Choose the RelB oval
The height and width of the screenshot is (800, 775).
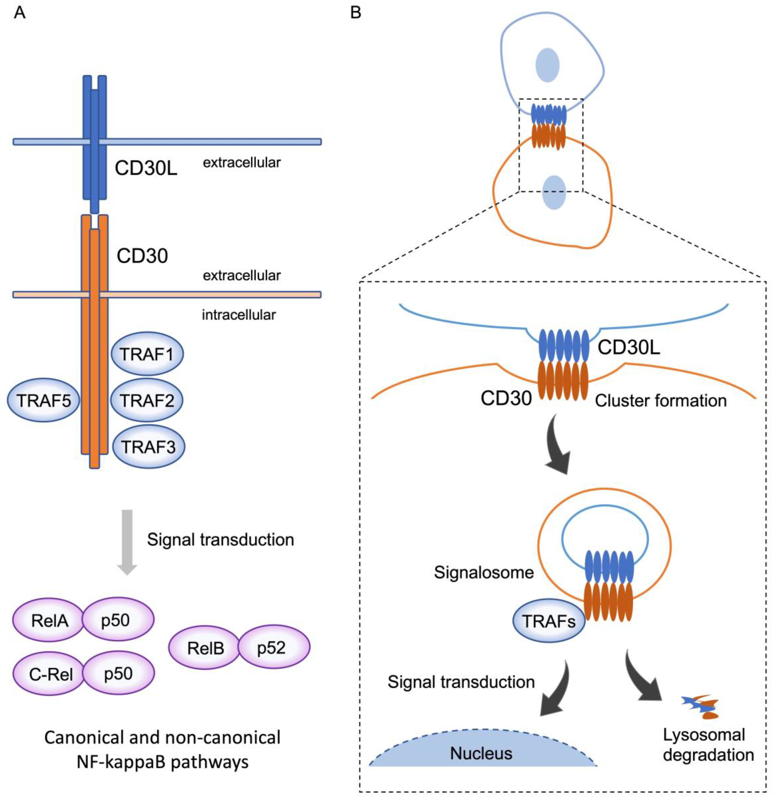[205, 648]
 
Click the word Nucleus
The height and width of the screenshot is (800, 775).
[481, 753]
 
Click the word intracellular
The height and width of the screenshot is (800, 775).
[239, 315]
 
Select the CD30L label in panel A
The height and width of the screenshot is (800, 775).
[146, 168]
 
